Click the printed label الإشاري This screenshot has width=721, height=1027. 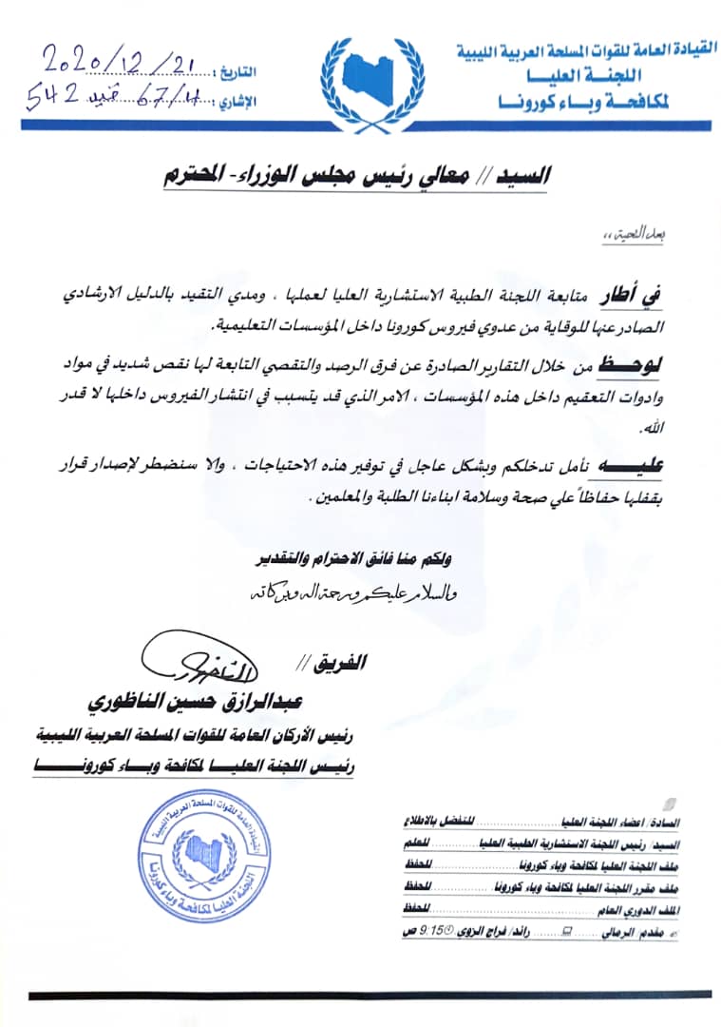pos(237,98)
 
